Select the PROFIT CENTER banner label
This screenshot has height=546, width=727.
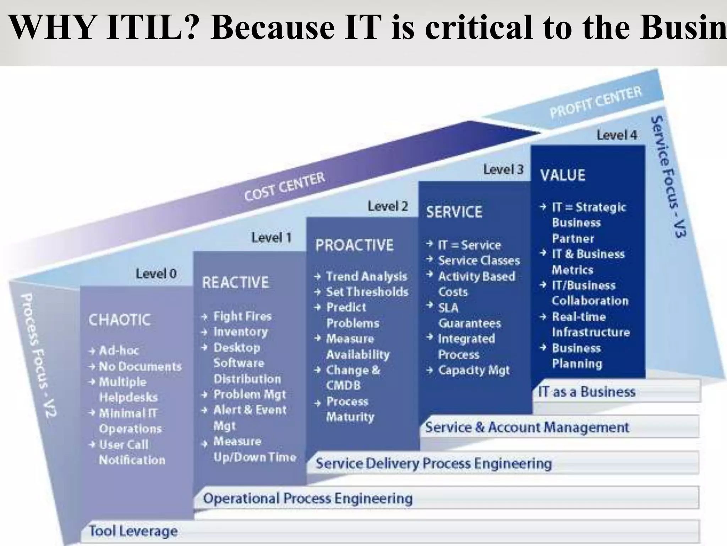596,102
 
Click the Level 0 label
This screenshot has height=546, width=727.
156,274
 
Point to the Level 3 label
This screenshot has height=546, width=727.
503,169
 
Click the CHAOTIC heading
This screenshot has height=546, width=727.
120,320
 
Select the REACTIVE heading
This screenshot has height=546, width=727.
235,283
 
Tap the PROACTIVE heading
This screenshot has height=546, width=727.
354,245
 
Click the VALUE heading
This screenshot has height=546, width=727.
563,175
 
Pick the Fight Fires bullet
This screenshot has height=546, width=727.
242,316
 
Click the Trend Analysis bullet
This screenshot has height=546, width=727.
366,276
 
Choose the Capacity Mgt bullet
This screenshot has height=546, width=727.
474,370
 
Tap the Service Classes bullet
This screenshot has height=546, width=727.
479,261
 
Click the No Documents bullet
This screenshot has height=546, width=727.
140,366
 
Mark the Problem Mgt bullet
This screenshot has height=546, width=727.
250,394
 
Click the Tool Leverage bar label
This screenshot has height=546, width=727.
133,531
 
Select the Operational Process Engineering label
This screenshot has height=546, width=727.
307,498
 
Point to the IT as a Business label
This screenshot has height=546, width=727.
587,392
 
